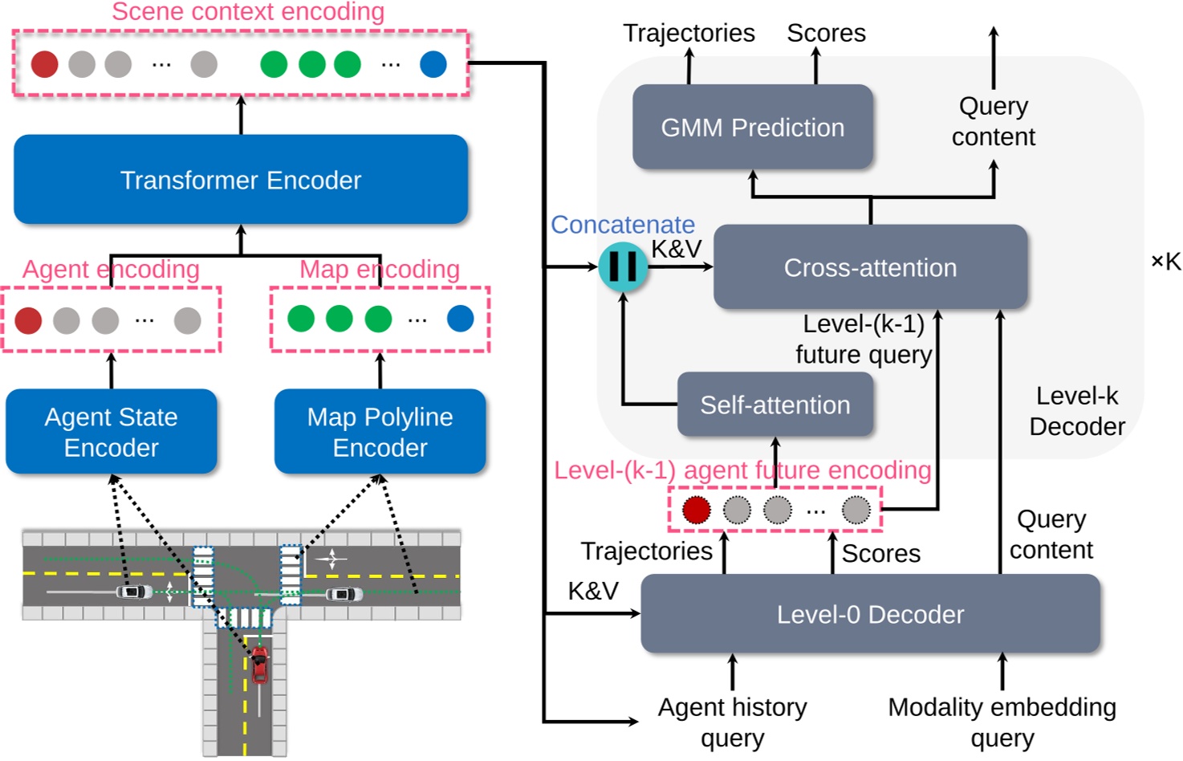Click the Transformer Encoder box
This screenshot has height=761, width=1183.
tap(241, 180)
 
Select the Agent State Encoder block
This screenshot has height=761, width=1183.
tap(112, 432)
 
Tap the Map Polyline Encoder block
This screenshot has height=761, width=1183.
tap(380, 432)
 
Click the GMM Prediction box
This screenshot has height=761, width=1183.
tap(752, 128)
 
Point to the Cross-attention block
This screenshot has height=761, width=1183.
tap(870, 267)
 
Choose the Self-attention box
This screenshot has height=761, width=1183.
tap(774, 405)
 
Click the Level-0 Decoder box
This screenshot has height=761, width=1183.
tap(870, 614)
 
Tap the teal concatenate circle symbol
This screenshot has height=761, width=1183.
tap(623, 267)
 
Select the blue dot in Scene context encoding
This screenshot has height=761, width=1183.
tap(433, 64)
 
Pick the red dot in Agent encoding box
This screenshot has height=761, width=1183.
tap(29, 320)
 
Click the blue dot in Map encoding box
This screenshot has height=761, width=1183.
tap(460, 319)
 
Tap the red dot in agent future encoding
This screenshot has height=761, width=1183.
tap(696, 509)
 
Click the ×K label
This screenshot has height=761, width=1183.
tap(1165, 262)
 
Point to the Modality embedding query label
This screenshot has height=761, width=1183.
tap(1002, 722)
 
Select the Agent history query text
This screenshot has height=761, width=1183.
tap(732, 722)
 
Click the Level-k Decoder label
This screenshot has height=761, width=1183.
tap(1077, 411)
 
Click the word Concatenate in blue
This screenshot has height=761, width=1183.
tap(623, 225)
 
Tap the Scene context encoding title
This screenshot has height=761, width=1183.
tap(248, 12)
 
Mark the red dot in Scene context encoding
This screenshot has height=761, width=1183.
tap(45, 64)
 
